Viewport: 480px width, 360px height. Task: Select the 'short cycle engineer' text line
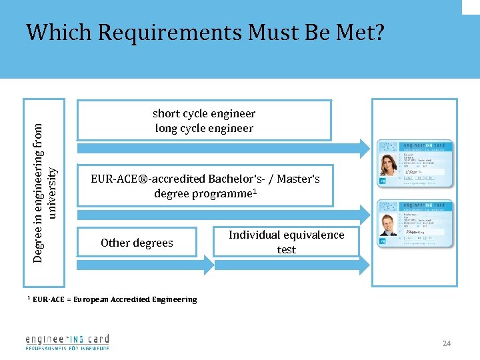[x=204, y=113]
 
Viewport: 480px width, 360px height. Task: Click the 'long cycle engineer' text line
[x=204, y=128]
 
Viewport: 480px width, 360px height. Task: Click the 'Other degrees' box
[x=137, y=243]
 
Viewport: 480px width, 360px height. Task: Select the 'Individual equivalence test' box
[x=286, y=242]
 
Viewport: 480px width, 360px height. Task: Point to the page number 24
[x=447, y=343]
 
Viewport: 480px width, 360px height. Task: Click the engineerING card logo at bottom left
[x=67, y=341]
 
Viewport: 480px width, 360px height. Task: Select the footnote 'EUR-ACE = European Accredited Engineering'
[x=114, y=299]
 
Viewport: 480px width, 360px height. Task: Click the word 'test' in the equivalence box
[x=287, y=249]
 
